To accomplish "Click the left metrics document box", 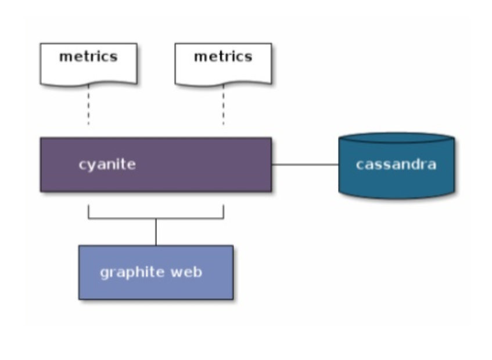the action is [89, 64].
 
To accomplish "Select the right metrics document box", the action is [223, 64].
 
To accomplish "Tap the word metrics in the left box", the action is [88, 57].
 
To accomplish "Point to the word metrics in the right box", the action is [223, 57].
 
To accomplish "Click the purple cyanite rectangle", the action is [156, 164].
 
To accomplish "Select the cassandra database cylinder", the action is [397, 165].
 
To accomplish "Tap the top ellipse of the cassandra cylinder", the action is [397, 138].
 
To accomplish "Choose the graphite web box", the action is [156, 272].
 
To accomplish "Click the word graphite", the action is [132, 272].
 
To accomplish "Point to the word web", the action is [186, 272].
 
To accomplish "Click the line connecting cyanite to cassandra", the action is [305, 164].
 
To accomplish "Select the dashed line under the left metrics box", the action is [88, 105].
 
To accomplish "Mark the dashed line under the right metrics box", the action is [224, 105].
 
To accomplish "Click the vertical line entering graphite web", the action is [156, 232].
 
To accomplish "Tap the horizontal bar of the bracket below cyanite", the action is [156, 218].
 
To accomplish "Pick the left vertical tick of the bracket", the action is [89, 211].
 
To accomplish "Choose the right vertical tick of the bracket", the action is [224, 211].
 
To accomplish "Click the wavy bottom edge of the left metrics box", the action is [89, 84].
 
